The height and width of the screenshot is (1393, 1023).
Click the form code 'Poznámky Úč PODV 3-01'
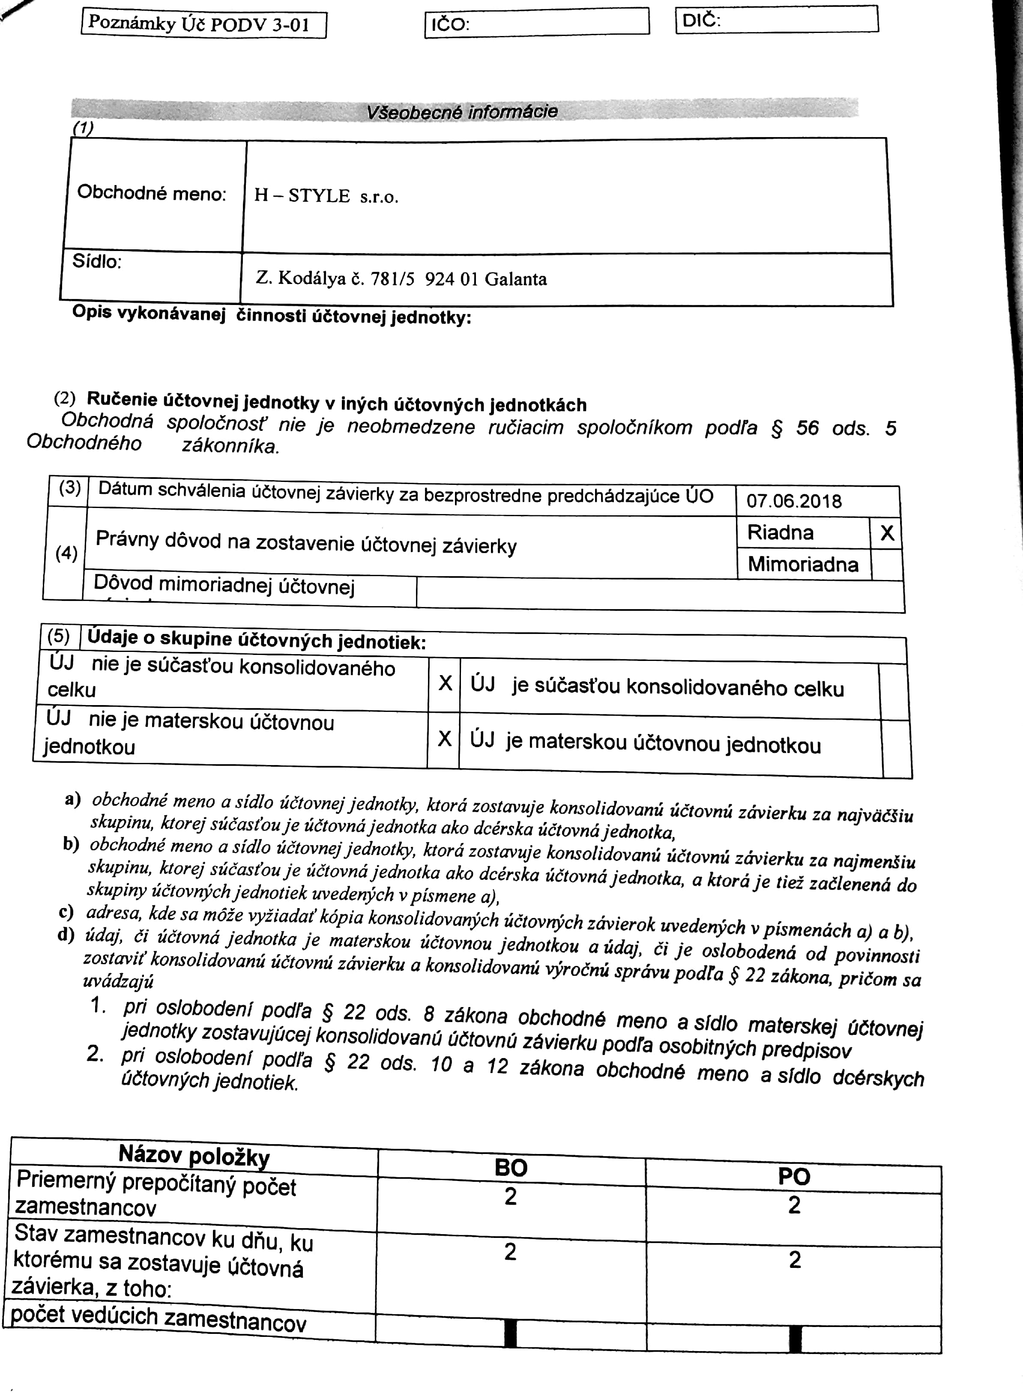pos(199,25)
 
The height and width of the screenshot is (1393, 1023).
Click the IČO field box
pos(536,23)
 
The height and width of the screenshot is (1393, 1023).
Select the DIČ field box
pos(777,20)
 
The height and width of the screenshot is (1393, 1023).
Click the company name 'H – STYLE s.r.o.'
pos(326,196)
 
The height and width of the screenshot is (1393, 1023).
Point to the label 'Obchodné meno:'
pos(152,193)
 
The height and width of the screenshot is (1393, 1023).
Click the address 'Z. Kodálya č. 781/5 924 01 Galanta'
pos(401,278)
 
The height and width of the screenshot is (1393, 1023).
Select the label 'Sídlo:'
pos(97,262)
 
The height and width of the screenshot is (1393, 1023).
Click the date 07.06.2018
pos(794,501)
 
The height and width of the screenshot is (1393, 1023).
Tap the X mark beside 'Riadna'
pos(887,533)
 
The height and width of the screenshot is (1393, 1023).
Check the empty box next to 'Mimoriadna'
pos(886,565)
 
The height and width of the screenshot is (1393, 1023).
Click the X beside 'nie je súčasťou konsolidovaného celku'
pos(445,684)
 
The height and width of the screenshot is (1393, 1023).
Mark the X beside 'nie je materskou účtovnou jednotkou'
pos(444,738)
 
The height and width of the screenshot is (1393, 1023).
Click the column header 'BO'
pos(511,1168)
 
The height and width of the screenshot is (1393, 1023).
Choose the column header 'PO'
pos(794,1176)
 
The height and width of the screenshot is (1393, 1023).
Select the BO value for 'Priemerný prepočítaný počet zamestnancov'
pos(510,1197)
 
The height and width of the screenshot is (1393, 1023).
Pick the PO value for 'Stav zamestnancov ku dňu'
pos(795,1260)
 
